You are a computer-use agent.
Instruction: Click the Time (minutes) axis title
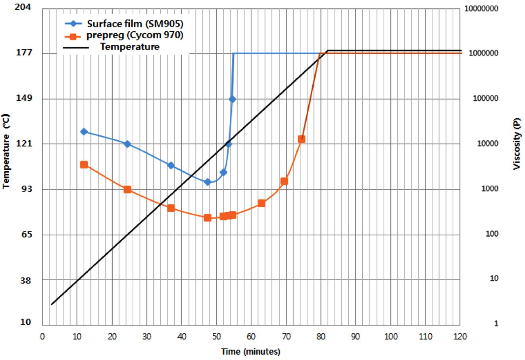[251, 352]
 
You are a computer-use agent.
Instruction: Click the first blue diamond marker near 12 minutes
[84, 132]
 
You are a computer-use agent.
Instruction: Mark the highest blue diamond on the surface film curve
[233, 99]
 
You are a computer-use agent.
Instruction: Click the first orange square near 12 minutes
[84, 165]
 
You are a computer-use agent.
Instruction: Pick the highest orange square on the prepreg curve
[302, 139]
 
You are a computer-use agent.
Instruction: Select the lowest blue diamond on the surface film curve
[207, 182]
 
